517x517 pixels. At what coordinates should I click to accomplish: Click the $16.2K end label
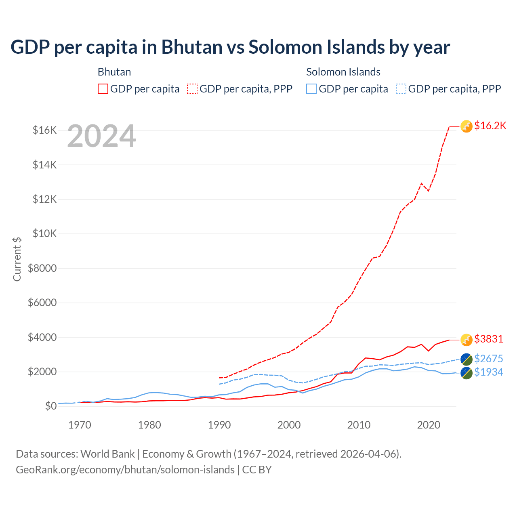pyautogui.click(x=490, y=126)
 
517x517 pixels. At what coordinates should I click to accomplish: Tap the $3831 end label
pyautogui.click(x=489, y=339)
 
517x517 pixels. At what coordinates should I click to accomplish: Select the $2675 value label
pyautogui.click(x=489, y=359)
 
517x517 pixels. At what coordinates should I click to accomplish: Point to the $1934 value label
pyautogui.click(x=489, y=372)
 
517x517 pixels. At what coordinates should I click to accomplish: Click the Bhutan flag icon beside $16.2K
pyautogui.click(x=467, y=126)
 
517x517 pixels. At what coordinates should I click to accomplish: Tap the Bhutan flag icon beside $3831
pyautogui.click(x=467, y=340)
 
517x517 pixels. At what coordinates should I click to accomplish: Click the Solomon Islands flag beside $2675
pyautogui.click(x=467, y=359)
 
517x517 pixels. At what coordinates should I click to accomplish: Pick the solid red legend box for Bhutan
pyautogui.click(x=103, y=89)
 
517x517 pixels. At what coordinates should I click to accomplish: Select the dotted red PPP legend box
pyautogui.click(x=193, y=89)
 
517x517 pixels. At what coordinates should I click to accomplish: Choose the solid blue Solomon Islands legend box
pyautogui.click(x=311, y=89)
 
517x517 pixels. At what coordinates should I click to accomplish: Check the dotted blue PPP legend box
pyautogui.click(x=401, y=89)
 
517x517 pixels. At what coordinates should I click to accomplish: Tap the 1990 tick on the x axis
pyautogui.click(x=219, y=425)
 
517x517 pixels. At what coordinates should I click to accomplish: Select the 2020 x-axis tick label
pyautogui.click(x=429, y=425)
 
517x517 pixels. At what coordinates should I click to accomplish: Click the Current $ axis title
pyautogui.click(x=17, y=259)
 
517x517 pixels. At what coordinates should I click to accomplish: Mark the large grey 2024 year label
pyautogui.click(x=101, y=137)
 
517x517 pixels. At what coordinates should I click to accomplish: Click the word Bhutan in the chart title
pyautogui.click(x=192, y=47)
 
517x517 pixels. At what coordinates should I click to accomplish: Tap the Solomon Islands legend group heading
pyautogui.click(x=343, y=72)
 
